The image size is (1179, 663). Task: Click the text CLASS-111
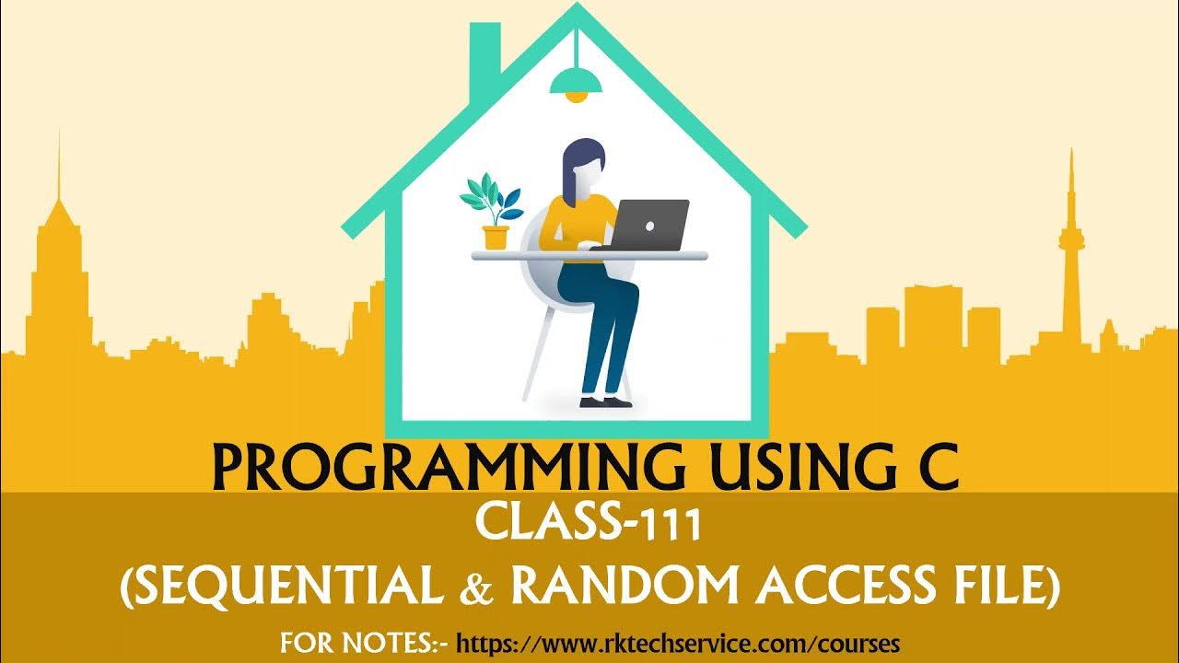(589, 526)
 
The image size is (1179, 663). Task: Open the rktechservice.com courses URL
(678, 641)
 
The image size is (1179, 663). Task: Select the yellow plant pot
(496, 238)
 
